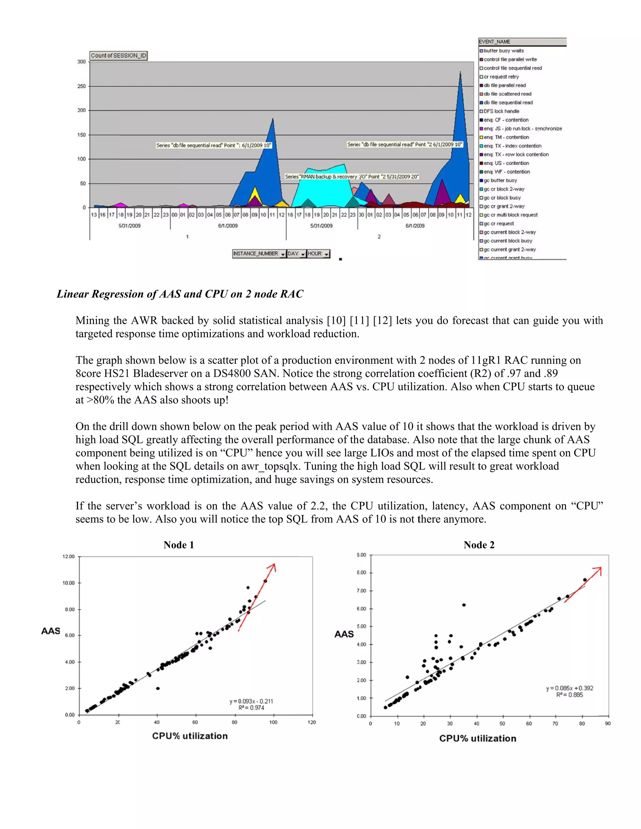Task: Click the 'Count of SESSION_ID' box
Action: pyautogui.click(x=118, y=56)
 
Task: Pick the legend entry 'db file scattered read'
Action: pyautogui.click(x=507, y=94)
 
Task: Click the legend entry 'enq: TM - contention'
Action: pyautogui.click(x=506, y=137)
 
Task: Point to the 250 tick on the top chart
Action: pyautogui.click(x=82, y=86)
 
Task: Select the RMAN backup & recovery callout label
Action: pyautogui.click(x=351, y=176)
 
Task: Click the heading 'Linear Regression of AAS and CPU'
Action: pyautogui.click(x=180, y=294)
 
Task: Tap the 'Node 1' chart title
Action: pyautogui.click(x=178, y=545)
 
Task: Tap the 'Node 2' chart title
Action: pyautogui.click(x=479, y=545)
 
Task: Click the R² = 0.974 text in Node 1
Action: pyautogui.click(x=251, y=708)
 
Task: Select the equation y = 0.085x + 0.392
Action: pyautogui.click(x=569, y=688)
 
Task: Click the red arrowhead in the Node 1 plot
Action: pyautogui.click(x=272, y=567)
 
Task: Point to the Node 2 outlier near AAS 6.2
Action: pyautogui.click(x=464, y=605)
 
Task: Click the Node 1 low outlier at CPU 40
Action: pyautogui.click(x=158, y=689)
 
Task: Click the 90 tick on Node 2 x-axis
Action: pyautogui.click(x=608, y=724)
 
